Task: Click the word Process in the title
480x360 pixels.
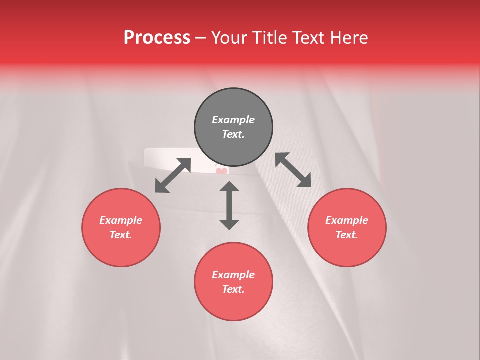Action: pos(157,38)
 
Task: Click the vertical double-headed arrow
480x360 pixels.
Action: pos(229,205)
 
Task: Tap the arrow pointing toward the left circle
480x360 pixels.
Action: pos(173,175)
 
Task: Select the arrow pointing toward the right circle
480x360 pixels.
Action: pos(293,170)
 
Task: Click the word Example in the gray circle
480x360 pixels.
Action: pos(233,120)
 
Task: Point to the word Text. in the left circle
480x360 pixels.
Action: pos(121,235)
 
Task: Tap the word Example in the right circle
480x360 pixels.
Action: pos(347,220)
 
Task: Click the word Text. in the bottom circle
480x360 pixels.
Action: pos(233,289)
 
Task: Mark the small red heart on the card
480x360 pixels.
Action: pos(221,171)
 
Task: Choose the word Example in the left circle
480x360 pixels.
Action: pos(121,220)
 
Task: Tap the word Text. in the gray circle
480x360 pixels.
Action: pos(233,134)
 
